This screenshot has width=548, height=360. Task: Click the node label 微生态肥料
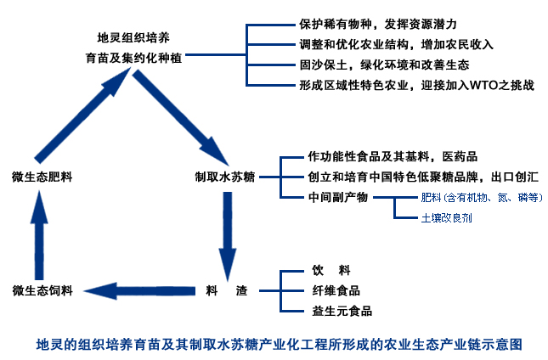(x=42, y=177)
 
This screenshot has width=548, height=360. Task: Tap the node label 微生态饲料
(x=42, y=290)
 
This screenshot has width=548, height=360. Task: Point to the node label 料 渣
(x=226, y=290)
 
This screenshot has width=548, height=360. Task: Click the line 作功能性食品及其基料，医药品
(x=393, y=157)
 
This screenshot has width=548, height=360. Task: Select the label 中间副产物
(x=337, y=198)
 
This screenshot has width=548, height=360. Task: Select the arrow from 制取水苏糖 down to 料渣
(x=226, y=233)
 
